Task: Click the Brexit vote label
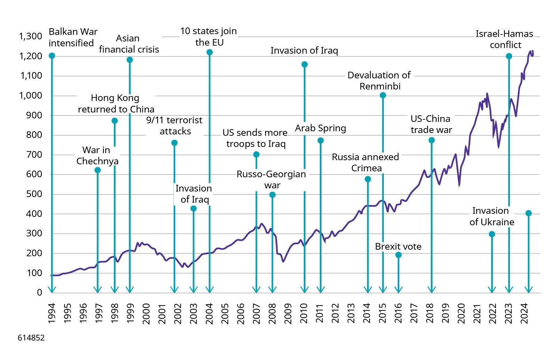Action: (x=398, y=246)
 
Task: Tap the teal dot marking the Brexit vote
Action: (x=398, y=255)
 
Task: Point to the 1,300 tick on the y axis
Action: (x=31, y=36)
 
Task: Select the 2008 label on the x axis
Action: (x=272, y=313)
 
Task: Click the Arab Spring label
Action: (x=320, y=128)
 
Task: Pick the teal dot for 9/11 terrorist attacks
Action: (x=174, y=143)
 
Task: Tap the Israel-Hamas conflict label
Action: (x=505, y=39)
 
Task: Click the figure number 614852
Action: (x=31, y=338)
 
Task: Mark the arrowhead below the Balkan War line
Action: (x=52, y=289)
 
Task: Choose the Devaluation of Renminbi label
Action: (x=379, y=81)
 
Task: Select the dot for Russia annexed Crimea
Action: (x=368, y=179)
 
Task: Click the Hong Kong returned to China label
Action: (x=116, y=103)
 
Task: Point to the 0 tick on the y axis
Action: (x=39, y=292)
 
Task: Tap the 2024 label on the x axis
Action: (x=525, y=313)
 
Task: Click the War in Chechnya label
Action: (x=97, y=155)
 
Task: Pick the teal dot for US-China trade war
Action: (x=432, y=140)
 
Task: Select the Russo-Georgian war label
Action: (x=271, y=179)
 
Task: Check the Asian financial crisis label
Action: (x=129, y=44)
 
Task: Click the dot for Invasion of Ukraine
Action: (x=492, y=234)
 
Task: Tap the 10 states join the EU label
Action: (x=209, y=37)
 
